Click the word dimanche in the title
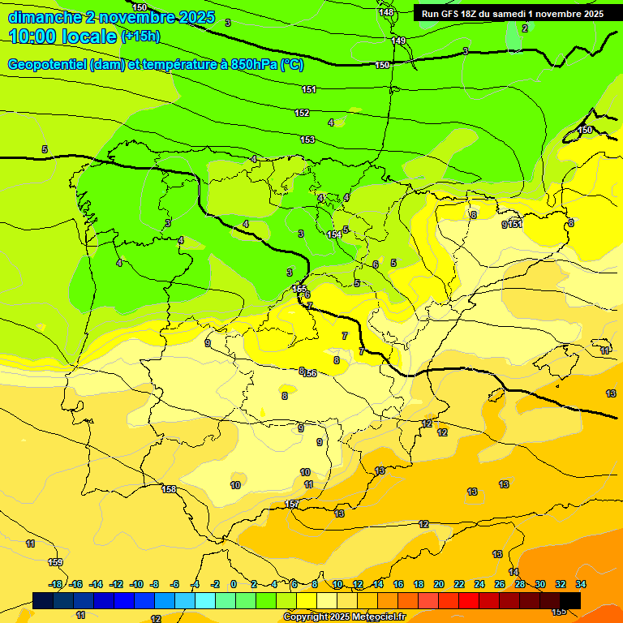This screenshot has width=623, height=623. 45,17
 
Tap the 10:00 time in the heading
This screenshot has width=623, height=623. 36,37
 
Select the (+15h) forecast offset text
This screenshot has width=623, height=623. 140,37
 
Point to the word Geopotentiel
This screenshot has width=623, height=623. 47,65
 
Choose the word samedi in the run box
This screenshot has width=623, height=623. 513,14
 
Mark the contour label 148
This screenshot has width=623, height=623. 387,12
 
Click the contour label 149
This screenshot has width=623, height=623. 398,41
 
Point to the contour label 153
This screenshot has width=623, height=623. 307,140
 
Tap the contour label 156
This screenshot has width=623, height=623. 309,373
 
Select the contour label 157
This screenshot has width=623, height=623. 292,504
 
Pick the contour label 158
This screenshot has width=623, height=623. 169,488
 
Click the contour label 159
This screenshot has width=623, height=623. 55,562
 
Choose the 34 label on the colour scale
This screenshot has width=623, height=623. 580,584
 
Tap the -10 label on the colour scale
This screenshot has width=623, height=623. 136,584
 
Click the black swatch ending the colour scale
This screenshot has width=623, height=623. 570,600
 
